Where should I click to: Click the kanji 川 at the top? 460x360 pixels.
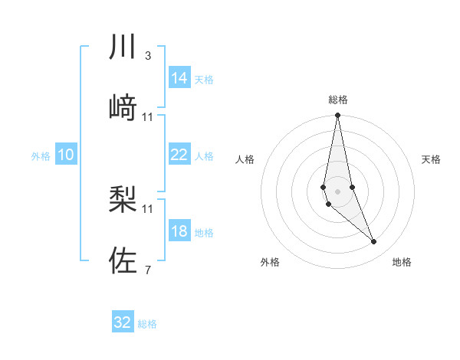pos(123,47)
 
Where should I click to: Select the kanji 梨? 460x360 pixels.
pos(123,198)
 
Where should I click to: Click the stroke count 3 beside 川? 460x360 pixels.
pos(148,56)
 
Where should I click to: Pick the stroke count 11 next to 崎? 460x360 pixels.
pos(148,116)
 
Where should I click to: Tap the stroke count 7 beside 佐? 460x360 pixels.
pos(148,270)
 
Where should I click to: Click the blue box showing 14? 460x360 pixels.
pos(179,78)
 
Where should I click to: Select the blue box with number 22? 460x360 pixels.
pos(179,155)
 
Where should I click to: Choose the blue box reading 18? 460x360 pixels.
pos(179,231)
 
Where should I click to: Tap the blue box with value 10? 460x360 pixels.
pos(66,155)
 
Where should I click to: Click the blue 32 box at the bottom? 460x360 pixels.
pos(123,322)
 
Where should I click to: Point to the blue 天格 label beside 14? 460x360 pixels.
pos(204,79)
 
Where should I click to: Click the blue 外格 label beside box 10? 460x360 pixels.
pos(41,155)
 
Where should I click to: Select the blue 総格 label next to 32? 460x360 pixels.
pos(147,323)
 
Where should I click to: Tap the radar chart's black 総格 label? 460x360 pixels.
pos(338,100)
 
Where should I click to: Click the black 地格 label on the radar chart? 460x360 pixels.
pos(402,262)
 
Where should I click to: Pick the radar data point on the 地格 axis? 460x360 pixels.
pos(374,242)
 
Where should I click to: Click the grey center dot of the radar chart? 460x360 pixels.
pos(338,191)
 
